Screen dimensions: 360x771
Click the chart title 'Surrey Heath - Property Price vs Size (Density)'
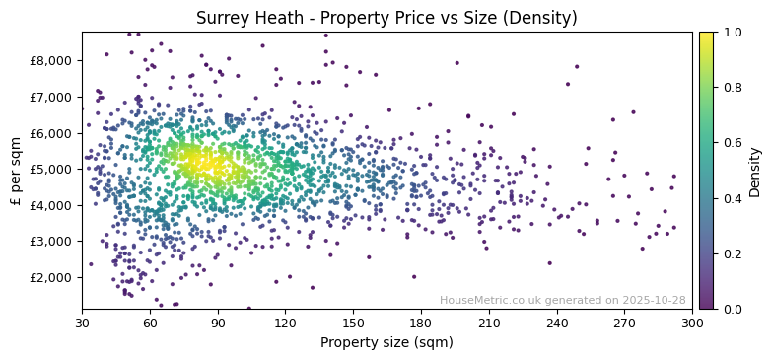[386, 18]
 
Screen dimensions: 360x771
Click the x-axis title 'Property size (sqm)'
[386, 343]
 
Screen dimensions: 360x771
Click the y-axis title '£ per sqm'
[16, 170]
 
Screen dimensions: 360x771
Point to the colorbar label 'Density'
[754, 170]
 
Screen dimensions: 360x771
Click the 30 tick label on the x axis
[82, 323]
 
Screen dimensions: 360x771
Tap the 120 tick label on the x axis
[285, 323]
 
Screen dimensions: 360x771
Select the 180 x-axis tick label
[421, 323]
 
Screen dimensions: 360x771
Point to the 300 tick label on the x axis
[692, 323]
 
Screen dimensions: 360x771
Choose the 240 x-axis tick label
[557, 323]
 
